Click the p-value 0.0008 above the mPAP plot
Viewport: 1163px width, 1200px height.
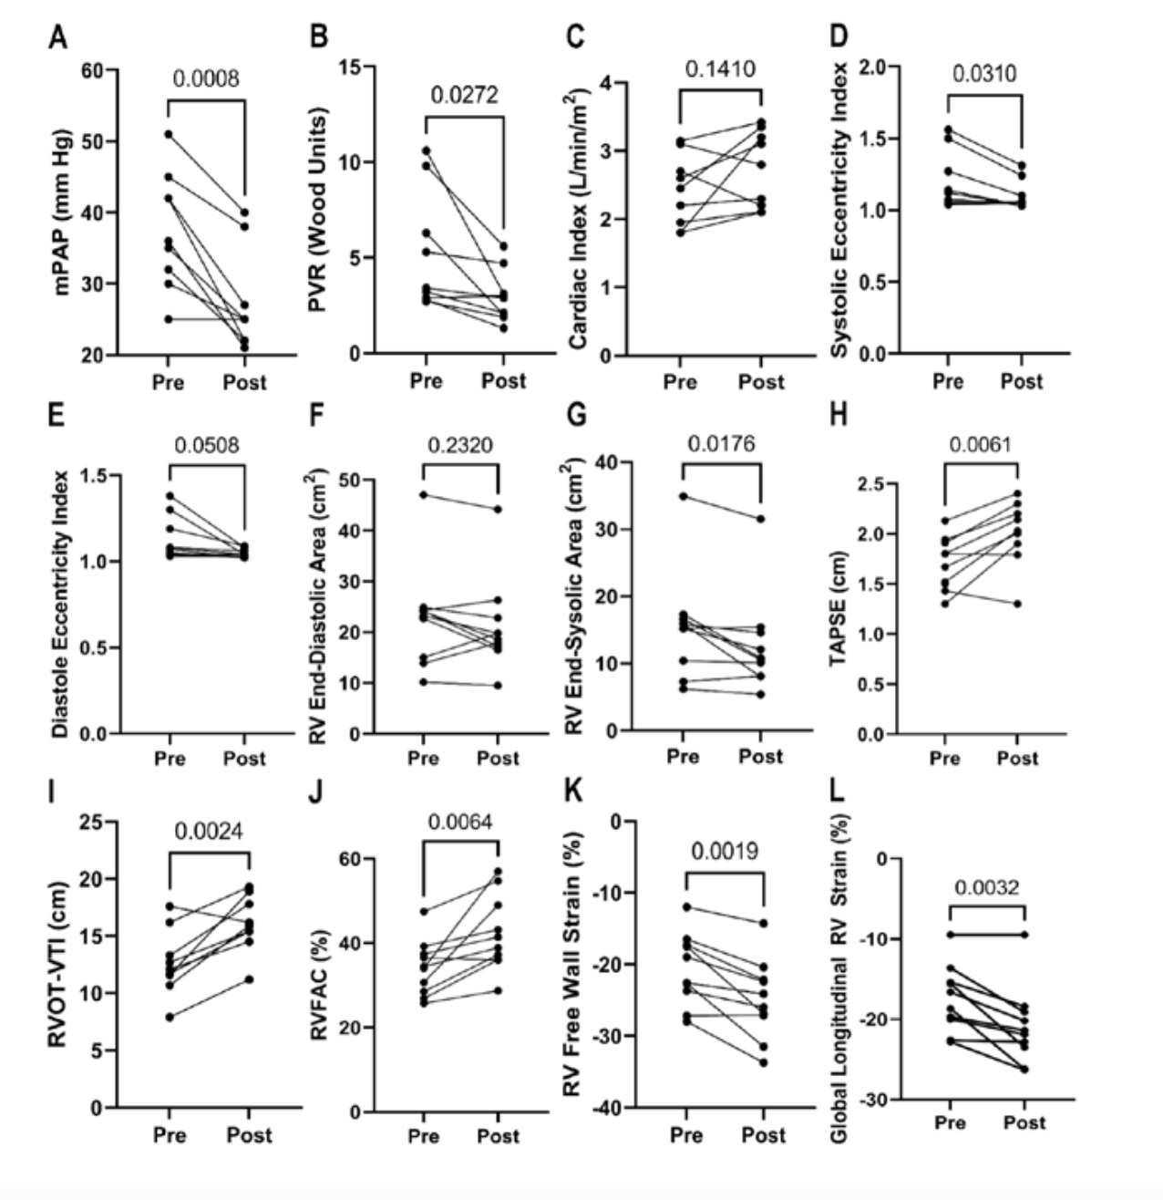[206, 78]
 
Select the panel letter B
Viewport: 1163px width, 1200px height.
[318, 37]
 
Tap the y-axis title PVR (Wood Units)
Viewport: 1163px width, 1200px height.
[317, 210]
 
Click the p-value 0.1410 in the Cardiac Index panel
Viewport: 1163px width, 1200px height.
[721, 68]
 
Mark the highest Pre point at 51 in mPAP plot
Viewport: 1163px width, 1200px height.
[169, 134]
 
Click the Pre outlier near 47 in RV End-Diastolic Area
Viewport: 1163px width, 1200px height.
[424, 495]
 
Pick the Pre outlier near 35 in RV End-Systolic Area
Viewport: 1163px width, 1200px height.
[683, 497]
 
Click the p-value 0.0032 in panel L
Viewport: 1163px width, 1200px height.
[987, 887]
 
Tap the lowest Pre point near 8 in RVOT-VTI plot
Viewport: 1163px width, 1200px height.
[169, 1016]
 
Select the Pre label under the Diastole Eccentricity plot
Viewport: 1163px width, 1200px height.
[170, 758]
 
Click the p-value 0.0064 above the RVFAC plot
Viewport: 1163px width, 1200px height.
[460, 822]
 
